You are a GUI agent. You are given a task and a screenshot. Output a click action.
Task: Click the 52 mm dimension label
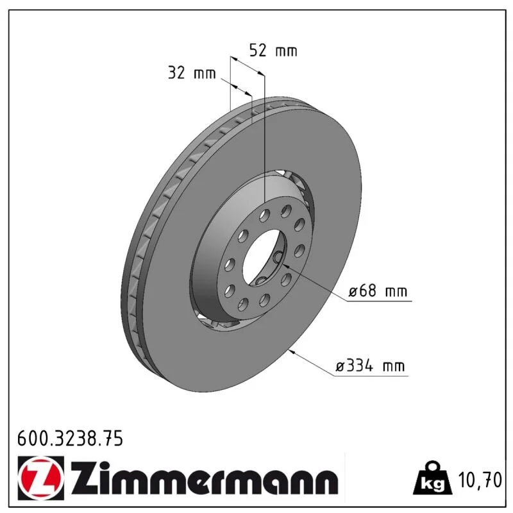click(273, 51)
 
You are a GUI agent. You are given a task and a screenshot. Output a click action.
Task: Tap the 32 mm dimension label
click(192, 72)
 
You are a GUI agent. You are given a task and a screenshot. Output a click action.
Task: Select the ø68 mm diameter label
click(378, 290)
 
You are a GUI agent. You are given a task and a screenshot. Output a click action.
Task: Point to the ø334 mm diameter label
click(371, 366)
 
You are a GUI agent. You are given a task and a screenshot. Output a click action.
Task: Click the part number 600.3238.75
click(70, 439)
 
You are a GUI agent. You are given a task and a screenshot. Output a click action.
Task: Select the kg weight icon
click(432, 477)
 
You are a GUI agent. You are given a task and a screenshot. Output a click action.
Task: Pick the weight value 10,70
click(480, 480)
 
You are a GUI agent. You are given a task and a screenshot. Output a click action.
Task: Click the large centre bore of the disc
click(264, 257)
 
